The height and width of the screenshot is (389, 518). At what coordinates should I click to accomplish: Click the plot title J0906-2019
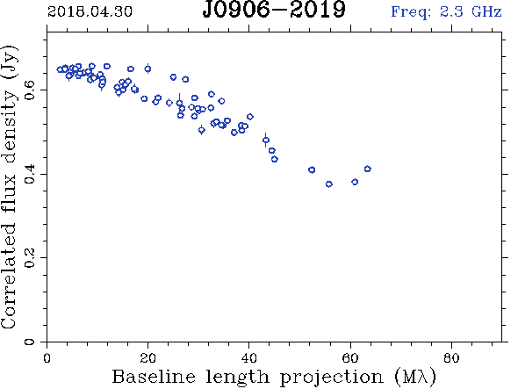point(274,10)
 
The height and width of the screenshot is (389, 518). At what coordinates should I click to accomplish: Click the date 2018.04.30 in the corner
point(90,11)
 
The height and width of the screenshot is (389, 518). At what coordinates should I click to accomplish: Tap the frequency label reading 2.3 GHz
point(471,11)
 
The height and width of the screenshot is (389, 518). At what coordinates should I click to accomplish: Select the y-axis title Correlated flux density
point(9,188)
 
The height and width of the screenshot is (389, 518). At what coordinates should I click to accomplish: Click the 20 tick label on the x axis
point(147,358)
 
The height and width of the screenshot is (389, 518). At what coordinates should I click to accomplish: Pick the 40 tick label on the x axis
point(248,358)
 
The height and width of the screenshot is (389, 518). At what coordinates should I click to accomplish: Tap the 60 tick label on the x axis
point(350,358)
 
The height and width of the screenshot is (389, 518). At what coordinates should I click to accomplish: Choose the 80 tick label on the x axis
point(451,358)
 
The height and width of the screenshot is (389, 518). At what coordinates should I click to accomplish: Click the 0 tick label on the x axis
point(47,358)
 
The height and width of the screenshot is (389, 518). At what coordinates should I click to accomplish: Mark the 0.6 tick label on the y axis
point(30,90)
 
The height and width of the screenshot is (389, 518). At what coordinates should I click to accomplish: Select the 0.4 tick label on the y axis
point(30,174)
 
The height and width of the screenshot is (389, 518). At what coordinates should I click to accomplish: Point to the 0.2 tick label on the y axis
point(30,258)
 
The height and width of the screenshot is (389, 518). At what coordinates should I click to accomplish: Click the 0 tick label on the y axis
point(30,341)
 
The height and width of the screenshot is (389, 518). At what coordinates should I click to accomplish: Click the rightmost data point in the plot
point(367,169)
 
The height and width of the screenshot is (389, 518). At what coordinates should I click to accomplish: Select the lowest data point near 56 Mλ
point(328,184)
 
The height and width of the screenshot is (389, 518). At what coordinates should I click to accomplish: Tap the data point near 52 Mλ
point(312,169)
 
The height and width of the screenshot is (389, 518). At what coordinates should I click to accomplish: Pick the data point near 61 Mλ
point(355,182)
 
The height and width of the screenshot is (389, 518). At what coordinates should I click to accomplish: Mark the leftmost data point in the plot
point(60,69)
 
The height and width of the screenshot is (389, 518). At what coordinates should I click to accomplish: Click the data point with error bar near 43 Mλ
point(266,140)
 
